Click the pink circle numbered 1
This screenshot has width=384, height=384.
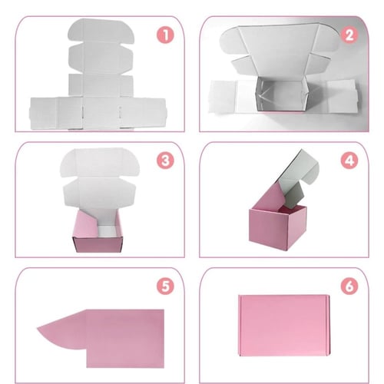click(x=165, y=35)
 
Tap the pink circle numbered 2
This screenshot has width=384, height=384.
click(x=349, y=35)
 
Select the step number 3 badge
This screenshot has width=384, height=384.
click(x=165, y=161)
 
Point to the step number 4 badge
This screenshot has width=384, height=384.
click(x=349, y=161)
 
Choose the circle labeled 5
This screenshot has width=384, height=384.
click(x=165, y=286)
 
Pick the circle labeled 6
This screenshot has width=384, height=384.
click(x=349, y=286)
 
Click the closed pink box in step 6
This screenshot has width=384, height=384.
click(x=284, y=326)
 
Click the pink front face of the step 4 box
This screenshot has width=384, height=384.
click(x=268, y=229)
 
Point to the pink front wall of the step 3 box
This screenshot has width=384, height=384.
click(x=98, y=244)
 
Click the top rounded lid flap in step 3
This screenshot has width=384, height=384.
click(x=100, y=162)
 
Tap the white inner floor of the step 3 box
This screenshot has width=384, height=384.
click(x=108, y=231)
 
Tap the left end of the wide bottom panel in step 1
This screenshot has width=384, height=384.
click(x=44, y=113)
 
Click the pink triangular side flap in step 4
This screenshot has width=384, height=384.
click(x=269, y=197)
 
